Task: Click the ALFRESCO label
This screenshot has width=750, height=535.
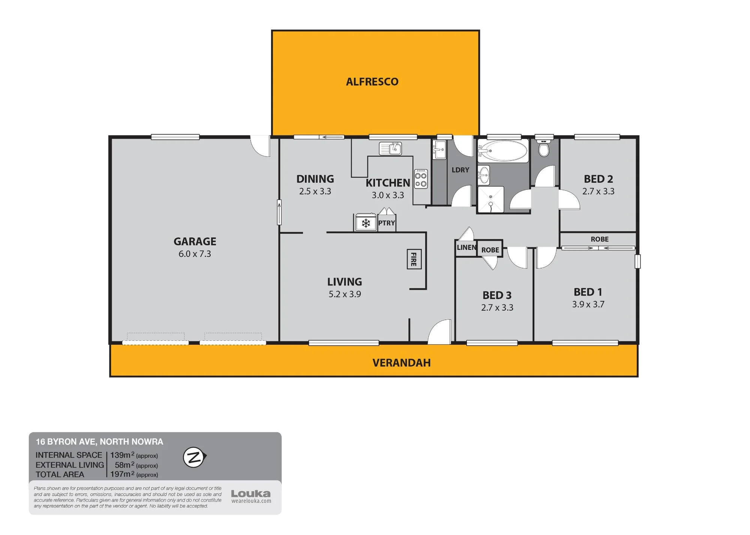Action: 372,82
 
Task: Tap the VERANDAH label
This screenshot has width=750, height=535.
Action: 402,363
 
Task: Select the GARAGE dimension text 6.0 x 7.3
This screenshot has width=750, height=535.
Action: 195,254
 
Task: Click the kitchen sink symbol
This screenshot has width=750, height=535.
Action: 390,149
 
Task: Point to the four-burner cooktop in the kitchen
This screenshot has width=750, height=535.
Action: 421,179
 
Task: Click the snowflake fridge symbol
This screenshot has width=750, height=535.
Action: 366,223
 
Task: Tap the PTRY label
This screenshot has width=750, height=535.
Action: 387,223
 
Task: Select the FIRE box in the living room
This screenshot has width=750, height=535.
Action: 414,259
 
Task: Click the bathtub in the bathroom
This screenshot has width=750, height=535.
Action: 503,151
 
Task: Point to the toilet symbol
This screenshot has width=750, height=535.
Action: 544,148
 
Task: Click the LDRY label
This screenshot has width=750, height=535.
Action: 460,170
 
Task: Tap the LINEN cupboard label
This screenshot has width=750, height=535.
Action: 466,248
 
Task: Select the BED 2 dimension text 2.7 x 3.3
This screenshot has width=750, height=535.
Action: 598,191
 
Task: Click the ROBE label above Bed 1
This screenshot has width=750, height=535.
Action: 600,239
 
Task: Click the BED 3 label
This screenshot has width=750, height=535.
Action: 497,296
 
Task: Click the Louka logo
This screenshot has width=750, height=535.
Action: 251,494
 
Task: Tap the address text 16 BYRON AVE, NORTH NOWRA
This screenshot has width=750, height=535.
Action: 99,442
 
